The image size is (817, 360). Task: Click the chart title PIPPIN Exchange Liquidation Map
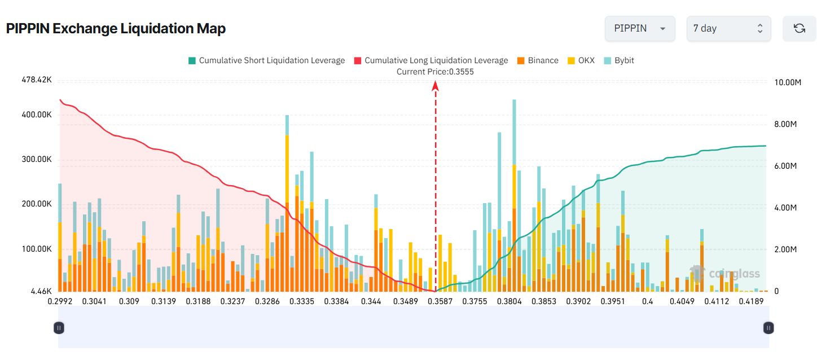coord(116,29)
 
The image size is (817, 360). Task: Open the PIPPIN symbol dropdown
coord(639,29)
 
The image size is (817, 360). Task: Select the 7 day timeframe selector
coord(728,29)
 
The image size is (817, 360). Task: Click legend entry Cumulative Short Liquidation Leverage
coord(266,60)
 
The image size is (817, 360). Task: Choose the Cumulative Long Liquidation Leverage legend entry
coord(431,60)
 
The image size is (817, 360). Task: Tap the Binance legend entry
coord(538,60)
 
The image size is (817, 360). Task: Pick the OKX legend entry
coord(581,60)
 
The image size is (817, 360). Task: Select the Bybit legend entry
coord(619,60)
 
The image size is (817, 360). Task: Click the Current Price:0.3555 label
coord(435,72)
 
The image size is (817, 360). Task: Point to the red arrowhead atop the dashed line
coord(436,85)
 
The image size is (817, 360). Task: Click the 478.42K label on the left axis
coord(37,81)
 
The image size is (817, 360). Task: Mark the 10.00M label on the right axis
coord(788,82)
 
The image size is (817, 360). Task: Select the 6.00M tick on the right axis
coord(786,166)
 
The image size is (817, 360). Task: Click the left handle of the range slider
coord(59,327)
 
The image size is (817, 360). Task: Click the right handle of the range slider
coord(768,327)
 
